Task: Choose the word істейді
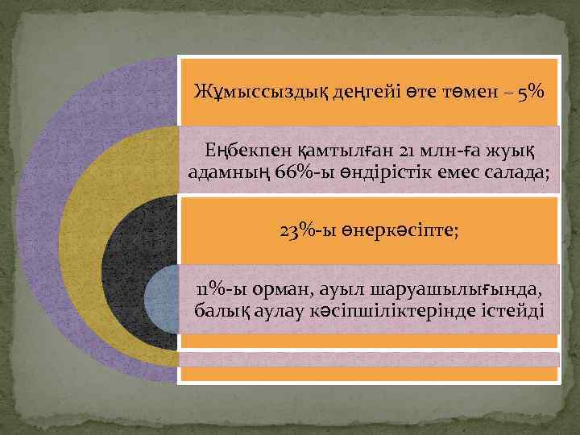(x=512, y=311)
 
